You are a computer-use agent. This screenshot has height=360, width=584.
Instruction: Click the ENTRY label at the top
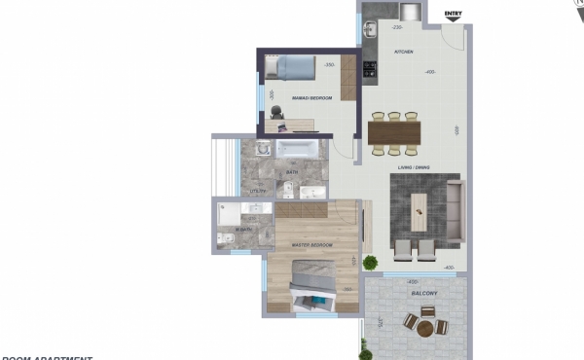453,14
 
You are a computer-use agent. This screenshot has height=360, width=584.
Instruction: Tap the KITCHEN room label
404,51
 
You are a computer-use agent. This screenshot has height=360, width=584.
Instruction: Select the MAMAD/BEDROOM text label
312,98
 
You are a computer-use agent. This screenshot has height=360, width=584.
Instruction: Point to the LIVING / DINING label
413,167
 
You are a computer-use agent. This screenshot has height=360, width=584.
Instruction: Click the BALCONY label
422,293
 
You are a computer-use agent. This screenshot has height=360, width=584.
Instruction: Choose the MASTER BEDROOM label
312,244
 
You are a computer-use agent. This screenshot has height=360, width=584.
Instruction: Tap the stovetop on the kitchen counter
369,68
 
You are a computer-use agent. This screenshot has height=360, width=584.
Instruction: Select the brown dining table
393,131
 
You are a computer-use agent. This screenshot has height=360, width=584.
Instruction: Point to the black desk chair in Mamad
276,112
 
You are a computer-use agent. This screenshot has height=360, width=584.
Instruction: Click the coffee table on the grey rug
419,206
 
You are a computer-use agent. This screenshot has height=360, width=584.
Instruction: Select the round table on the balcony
426,329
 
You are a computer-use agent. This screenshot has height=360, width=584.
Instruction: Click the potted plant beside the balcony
371,262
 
